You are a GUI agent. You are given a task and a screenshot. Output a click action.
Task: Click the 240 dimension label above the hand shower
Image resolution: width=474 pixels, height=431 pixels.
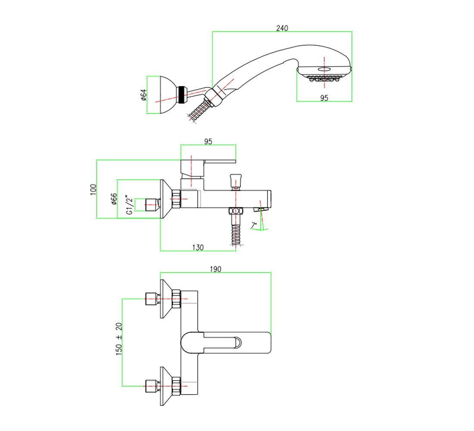click(x=282, y=28)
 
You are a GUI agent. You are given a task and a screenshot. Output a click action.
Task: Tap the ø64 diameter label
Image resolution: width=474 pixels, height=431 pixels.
click(x=143, y=95)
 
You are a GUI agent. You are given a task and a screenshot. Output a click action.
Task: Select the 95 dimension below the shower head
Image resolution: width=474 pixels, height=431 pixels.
click(x=324, y=98)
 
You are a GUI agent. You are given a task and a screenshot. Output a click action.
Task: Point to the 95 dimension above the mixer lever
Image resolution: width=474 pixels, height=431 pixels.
click(x=208, y=141)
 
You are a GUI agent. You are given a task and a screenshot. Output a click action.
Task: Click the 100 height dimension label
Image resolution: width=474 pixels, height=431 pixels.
click(x=93, y=189)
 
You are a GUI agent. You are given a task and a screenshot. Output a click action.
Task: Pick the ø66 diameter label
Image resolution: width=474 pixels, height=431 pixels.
click(x=114, y=199)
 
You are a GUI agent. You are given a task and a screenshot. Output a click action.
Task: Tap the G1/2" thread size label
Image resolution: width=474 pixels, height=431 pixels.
click(x=129, y=205)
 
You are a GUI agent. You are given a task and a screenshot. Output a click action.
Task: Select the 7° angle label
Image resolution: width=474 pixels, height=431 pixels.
click(x=254, y=225)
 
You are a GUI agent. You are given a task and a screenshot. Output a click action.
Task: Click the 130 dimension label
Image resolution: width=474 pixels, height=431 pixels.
click(x=198, y=247)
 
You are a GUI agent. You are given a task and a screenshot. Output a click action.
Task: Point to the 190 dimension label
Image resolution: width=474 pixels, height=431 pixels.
click(x=215, y=269)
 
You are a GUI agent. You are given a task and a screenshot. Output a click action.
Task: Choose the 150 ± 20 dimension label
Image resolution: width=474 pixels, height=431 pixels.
click(x=119, y=339)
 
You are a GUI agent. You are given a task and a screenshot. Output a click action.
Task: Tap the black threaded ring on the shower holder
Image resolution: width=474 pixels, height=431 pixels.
click(x=182, y=95)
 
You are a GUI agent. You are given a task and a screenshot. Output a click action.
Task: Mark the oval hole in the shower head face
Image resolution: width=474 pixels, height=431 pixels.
click(x=324, y=69)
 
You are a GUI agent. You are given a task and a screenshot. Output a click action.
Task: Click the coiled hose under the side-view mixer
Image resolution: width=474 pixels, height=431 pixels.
click(x=236, y=234)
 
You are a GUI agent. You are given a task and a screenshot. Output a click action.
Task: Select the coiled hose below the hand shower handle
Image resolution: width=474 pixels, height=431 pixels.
click(x=200, y=111)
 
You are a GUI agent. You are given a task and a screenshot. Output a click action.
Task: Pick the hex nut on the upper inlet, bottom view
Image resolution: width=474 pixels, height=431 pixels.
click(x=176, y=299)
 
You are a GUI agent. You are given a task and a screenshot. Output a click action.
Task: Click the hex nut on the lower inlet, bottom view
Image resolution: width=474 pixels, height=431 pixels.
click(x=176, y=386)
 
